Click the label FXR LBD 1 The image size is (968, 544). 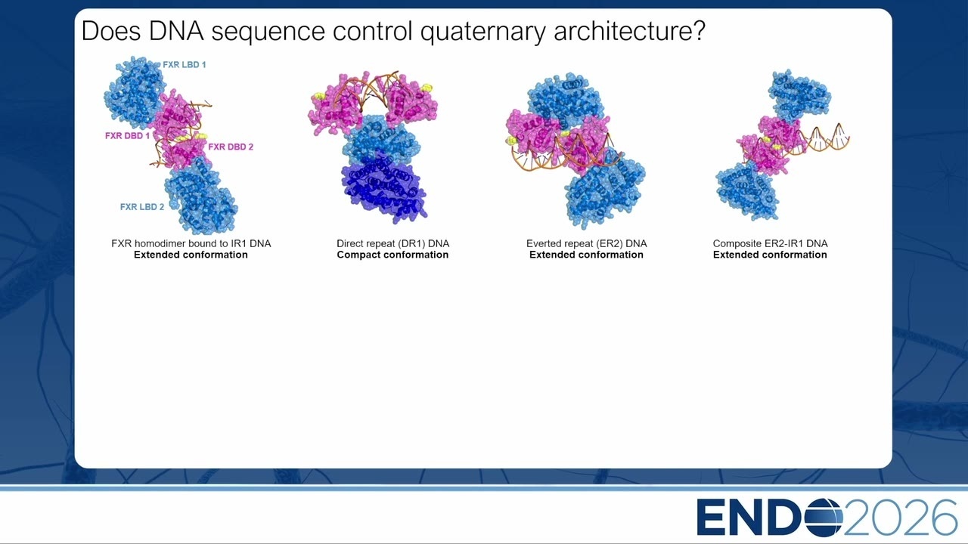pyautogui.click(x=184, y=65)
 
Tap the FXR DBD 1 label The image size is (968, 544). pyautogui.click(x=128, y=136)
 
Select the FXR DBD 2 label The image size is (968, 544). pyautogui.click(x=231, y=147)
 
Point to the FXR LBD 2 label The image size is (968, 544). pyautogui.click(x=142, y=207)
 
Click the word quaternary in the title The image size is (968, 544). pyautogui.click(x=482, y=32)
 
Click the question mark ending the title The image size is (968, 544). pyautogui.click(x=698, y=30)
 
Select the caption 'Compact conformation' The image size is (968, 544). pyautogui.click(x=392, y=255)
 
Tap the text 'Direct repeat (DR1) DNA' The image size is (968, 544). pyautogui.click(x=392, y=243)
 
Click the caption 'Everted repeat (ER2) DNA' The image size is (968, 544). pyautogui.click(x=586, y=243)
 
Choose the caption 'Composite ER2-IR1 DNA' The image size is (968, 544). pyautogui.click(x=770, y=243)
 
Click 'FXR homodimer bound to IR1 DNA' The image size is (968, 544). pyautogui.click(x=191, y=243)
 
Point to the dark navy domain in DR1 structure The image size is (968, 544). pyautogui.click(x=383, y=188)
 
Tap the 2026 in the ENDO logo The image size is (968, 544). pyautogui.click(x=900, y=518)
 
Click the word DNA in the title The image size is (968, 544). pyautogui.click(x=176, y=31)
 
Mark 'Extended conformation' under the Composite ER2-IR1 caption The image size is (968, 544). pyautogui.click(x=770, y=255)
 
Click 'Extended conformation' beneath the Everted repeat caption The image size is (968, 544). pyautogui.click(x=586, y=255)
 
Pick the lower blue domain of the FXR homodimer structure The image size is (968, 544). pyautogui.click(x=201, y=196)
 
